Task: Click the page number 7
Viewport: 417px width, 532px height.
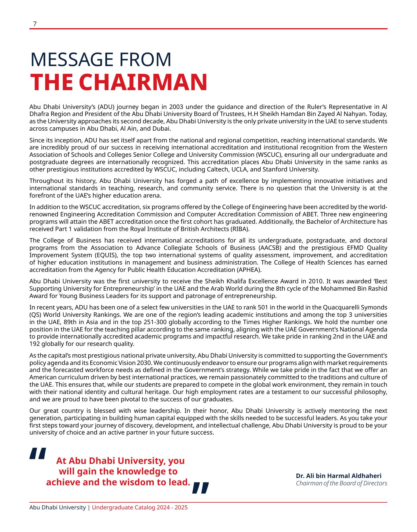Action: [x=35, y=24]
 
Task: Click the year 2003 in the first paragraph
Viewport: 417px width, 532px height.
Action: [x=176, y=107]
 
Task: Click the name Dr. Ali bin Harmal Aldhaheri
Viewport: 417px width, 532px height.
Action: [x=338, y=476]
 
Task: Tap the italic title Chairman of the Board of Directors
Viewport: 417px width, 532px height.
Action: [x=341, y=483]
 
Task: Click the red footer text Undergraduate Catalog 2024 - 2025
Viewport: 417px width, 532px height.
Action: [x=140, y=507]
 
